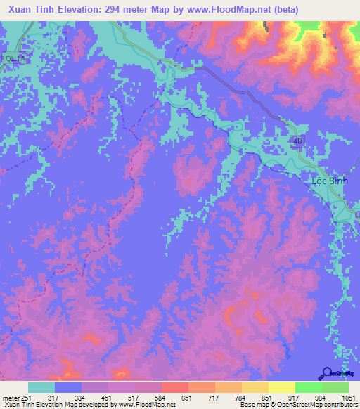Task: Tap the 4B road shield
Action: tap(297, 141)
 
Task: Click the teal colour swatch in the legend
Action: tap(41, 387)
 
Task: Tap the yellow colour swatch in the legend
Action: tap(281, 387)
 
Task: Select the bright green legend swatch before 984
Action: tap(308, 387)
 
